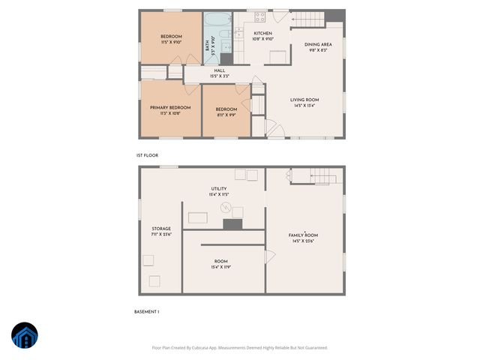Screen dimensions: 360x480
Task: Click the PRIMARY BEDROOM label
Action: [170, 108]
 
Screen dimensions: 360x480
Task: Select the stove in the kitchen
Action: [260, 17]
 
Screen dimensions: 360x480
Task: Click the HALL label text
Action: [220, 71]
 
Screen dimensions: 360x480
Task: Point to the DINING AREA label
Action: [318, 45]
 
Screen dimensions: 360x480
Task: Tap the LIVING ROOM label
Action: [304, 100]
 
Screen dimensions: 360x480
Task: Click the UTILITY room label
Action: [218, 189]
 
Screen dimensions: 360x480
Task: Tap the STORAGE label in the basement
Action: [161, 229]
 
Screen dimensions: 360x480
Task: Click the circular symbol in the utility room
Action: [223, 208]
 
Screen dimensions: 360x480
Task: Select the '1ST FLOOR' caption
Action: [147, 155]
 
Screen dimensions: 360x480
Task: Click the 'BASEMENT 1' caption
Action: [147, 311]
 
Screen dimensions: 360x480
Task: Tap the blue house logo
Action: [24, 336]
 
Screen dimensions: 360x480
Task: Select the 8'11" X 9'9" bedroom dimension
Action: [226, 115]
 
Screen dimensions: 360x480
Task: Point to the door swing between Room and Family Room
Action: [270, 256]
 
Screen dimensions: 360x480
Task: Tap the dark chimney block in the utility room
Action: [233, 224]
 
